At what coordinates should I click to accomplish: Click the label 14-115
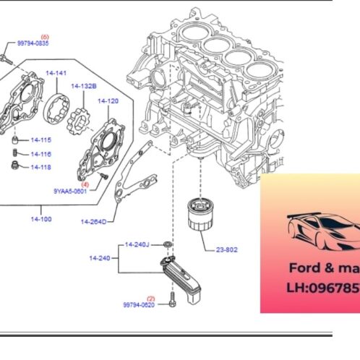click(41, 140)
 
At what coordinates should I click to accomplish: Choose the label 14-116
click(41, 154)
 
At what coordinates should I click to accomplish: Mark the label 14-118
click(41, 167)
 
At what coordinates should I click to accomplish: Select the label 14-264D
click(93, 221)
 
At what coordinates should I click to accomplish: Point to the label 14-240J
click(137, 244)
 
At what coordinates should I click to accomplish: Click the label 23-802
click(226, 251)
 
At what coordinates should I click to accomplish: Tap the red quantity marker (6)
click(45, 36)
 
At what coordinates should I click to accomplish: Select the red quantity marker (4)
click(85, 184)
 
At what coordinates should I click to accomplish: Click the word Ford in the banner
click(304, 266)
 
